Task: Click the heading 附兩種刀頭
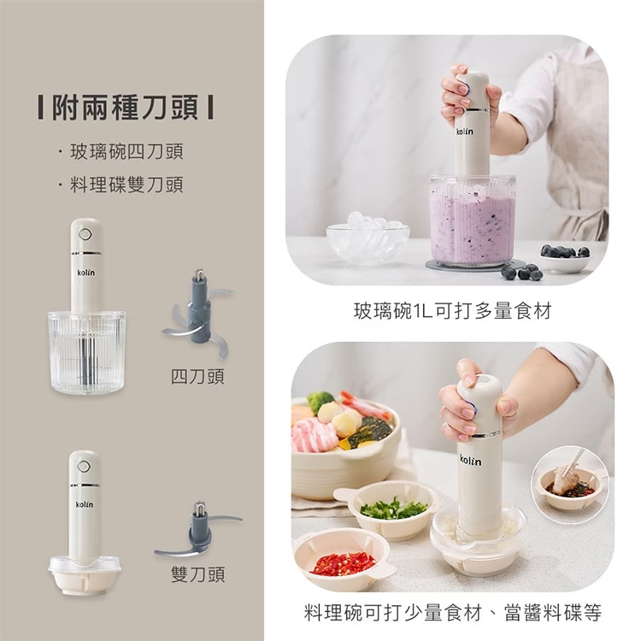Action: tap(126, 108)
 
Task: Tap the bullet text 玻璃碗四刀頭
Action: tap(126, 151)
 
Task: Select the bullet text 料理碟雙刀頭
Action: tap(126, 185)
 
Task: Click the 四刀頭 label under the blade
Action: tap(197, 377)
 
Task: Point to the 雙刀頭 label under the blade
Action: tap(197, 574)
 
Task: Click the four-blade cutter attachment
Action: tap(198, 314)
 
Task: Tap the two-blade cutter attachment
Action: tap(198, 531)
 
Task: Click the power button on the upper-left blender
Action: tap(85, 235)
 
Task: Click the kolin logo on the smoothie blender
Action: tap(464, 132)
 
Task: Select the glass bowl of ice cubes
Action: tap(368, 240)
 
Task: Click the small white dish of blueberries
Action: tap(565, 258)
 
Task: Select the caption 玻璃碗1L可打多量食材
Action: tap(452, 311)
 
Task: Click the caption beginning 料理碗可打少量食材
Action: tap(452, 613)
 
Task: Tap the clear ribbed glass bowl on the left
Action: tap(87, 353)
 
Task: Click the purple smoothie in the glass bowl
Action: tap(472, 226)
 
